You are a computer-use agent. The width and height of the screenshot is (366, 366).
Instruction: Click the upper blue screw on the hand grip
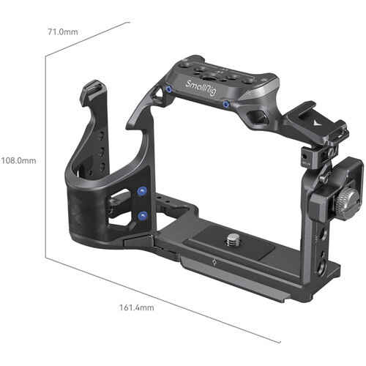tap(141, 192)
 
